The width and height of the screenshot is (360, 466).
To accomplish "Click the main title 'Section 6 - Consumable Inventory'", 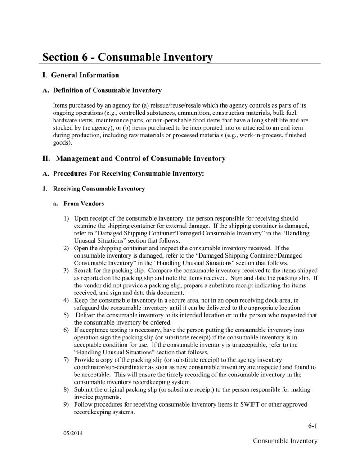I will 127,57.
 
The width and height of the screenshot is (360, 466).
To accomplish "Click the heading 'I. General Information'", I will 81,75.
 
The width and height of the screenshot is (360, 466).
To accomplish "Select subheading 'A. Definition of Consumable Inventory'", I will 102,90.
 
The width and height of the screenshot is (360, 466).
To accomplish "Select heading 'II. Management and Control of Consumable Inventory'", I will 134,158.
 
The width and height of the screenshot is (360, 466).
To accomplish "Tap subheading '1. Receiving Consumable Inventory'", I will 94,189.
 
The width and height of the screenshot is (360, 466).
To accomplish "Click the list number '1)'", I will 66,218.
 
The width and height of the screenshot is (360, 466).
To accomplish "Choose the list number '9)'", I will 66,404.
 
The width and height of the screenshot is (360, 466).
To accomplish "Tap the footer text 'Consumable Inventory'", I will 285,441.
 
